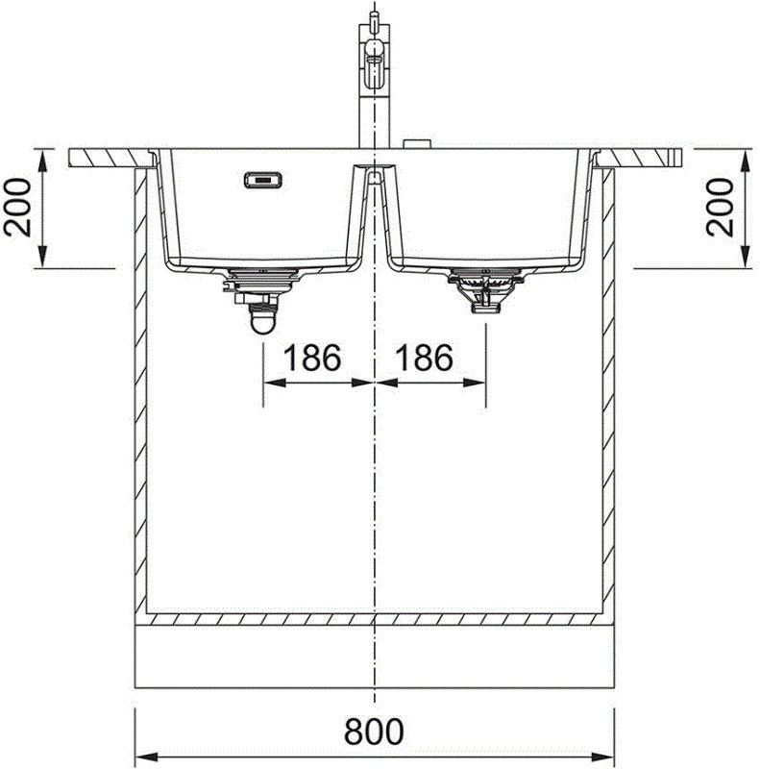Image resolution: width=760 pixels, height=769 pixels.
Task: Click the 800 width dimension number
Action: pos(374,732)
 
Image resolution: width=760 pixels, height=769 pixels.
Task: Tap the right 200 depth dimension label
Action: pos(728,209)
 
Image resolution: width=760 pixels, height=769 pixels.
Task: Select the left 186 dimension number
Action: pos(311,359)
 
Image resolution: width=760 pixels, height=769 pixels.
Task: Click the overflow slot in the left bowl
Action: pos(261,179)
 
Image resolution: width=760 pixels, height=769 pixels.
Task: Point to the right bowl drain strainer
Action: pos(483,288)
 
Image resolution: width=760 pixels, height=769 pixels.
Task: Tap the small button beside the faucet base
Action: pos(416,144)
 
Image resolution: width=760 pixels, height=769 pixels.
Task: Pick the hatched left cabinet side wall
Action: pos(139,384)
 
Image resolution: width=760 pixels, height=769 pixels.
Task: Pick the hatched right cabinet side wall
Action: pos(607,384)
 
